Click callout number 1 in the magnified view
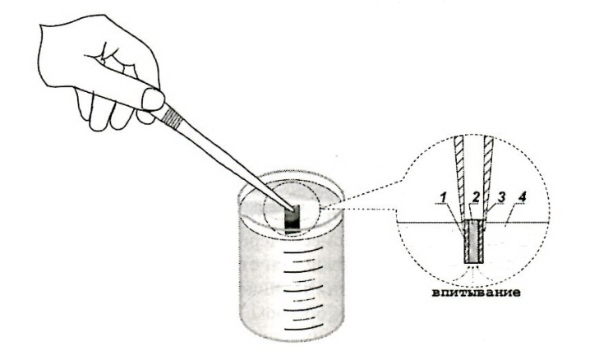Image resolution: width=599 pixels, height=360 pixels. pyautogui.click(x=443, y=198)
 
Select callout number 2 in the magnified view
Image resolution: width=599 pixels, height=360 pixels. pyautogui.click(x=476, y=197)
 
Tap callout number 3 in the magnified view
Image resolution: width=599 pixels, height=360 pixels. pyautogui.click(x=501, y=197)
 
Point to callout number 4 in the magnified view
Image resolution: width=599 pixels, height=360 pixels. pyautogui.click(x=523, y=197)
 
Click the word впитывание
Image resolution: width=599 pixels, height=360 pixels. pyautogui.click(x=476, y=293)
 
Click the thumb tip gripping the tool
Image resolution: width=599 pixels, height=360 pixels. pyautogui.click(x=153, y=99)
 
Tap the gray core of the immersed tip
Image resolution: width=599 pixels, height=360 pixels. pyautogui.click(x=474, y=241)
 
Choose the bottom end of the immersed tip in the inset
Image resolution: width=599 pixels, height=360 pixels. pyautogui.click(x=474, y=263)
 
